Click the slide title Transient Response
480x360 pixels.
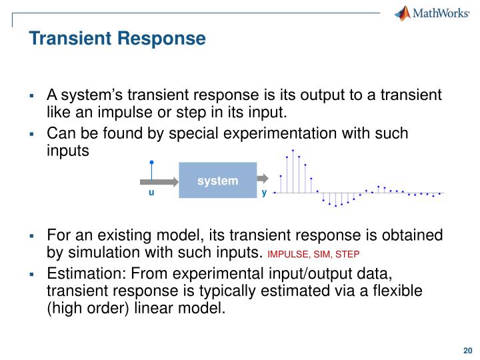(117, 39)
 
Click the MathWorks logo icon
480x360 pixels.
(402, 13)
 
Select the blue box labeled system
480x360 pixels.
(218, 180)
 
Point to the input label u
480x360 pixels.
(151, 193)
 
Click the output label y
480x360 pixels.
(264, 193)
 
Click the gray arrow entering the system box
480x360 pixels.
(160, 180)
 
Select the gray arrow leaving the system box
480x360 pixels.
(263, 179)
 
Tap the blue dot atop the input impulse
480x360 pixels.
(152, 162)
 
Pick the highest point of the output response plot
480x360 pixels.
(293, 151)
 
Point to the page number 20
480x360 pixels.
(467, 350)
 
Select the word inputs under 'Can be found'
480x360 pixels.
(67, 150)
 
